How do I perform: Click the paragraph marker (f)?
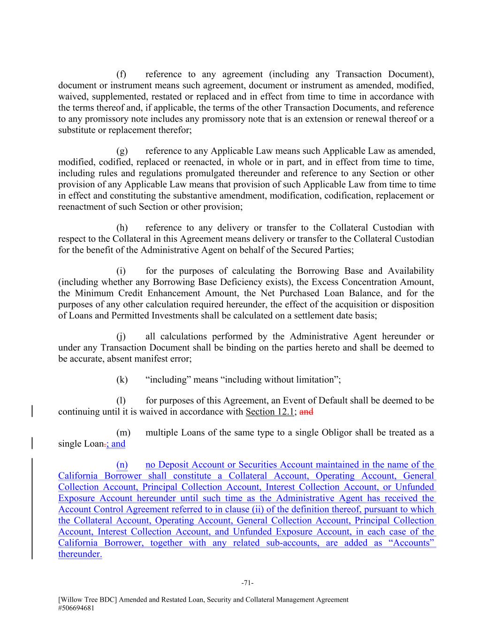click(122, 74)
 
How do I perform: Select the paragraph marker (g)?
click(122, 151)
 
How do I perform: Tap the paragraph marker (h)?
click(122, 228)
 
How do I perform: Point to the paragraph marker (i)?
click(122, 271)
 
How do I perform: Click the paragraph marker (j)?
click(122, 337)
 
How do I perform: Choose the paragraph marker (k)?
click(122, 380)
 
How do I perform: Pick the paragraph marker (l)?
click(122, 401)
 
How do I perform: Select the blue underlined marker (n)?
click(122, 465)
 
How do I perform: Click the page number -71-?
click(247, 583)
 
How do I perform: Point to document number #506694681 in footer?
click(79, 607)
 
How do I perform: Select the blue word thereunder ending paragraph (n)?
click(80, 554)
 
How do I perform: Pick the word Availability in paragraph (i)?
click(411, 271)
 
